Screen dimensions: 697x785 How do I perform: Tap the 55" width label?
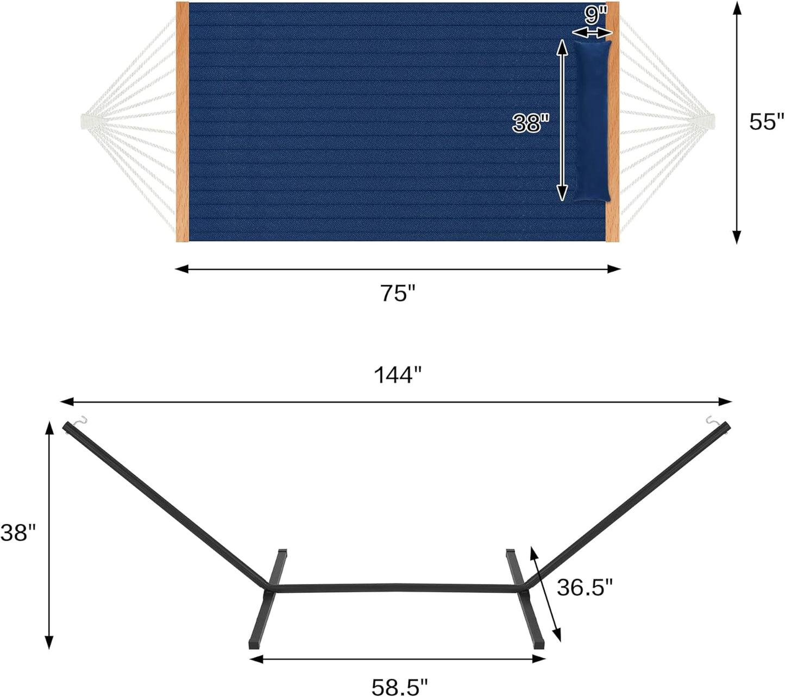[x=767, y=122]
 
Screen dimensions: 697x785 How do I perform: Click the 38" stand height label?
[x=17, y=533]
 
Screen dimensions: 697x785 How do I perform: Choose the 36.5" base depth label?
[x=585, y=587]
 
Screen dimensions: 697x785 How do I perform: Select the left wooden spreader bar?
[x=182, y=122]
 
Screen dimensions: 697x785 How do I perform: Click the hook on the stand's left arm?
[x=80, y=420]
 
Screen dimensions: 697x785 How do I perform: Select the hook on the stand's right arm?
[x=712, y=420]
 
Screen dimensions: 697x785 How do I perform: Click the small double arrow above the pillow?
[x=592, y=33]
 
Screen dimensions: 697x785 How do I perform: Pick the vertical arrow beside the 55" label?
[x=736, y=122]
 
